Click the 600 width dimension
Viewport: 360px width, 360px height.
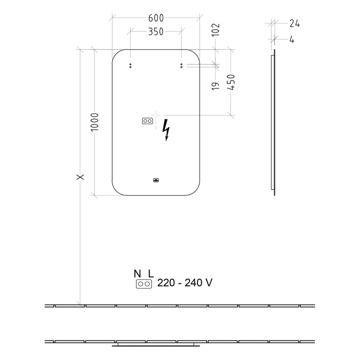coord(155,17)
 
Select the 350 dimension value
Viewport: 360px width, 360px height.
coord(155,32)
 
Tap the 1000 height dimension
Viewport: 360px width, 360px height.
coord(94,122)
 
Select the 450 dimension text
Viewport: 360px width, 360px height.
coord(231,82)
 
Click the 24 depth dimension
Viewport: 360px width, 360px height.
coord(294,23)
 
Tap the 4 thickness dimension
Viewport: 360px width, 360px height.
coord(292,39)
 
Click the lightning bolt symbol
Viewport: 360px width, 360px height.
coord(166,130)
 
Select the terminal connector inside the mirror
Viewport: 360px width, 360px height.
coord(147,121)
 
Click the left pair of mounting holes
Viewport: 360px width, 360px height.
coord(130,65)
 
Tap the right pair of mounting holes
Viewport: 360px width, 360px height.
coord(182,65)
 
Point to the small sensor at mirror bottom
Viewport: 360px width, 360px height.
coord(156,180)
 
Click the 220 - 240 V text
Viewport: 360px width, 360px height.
coord(185,283)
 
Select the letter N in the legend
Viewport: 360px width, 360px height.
coord(137,274)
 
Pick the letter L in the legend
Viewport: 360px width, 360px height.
coord(151,274)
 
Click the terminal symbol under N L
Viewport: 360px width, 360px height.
coord(144,283)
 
